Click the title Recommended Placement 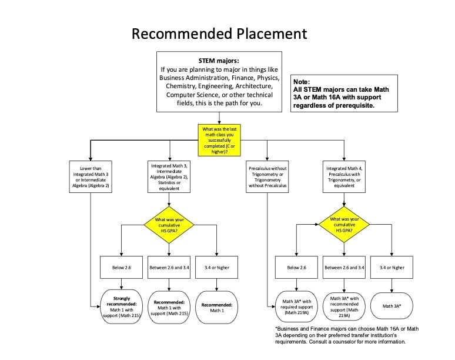coord(219,34)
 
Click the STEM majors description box coord(222,81)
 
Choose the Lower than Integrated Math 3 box coord(91,176)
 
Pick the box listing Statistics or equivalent coord(169,176)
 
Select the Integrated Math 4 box coord(344,176)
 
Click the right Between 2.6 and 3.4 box coord(344,268)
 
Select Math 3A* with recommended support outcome coord(344,305)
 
